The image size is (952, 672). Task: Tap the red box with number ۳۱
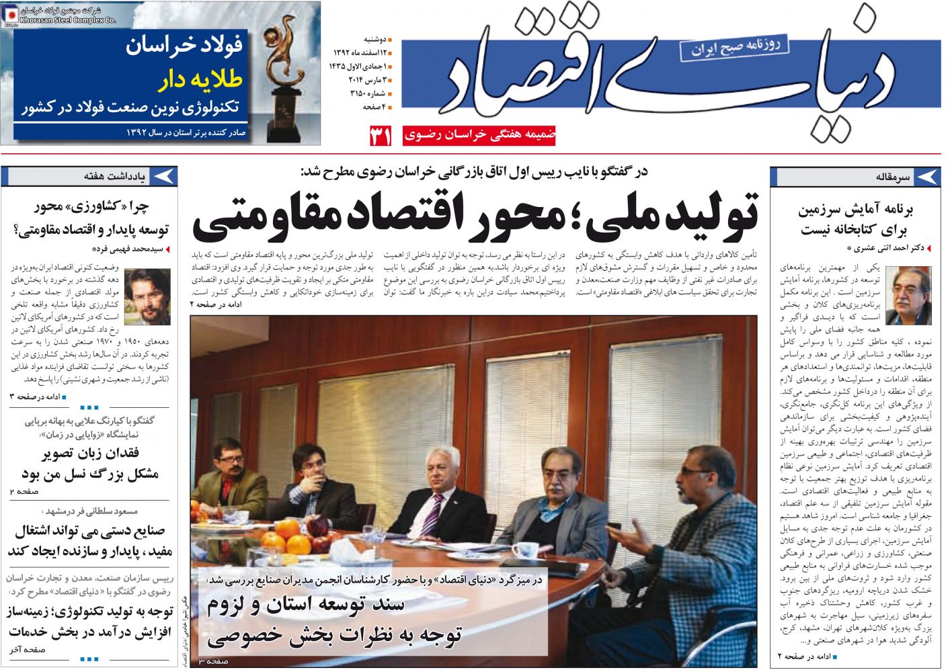(x=380, y=136)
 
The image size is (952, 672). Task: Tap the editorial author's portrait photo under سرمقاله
(x=908, y=296)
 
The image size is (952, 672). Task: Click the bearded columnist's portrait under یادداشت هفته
(x=147, y=296)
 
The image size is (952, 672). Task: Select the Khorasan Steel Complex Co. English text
(x=68, y=20)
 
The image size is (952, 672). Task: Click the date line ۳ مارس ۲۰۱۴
(x=366, y=79)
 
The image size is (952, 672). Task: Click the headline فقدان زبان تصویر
(x=90, y=454)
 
